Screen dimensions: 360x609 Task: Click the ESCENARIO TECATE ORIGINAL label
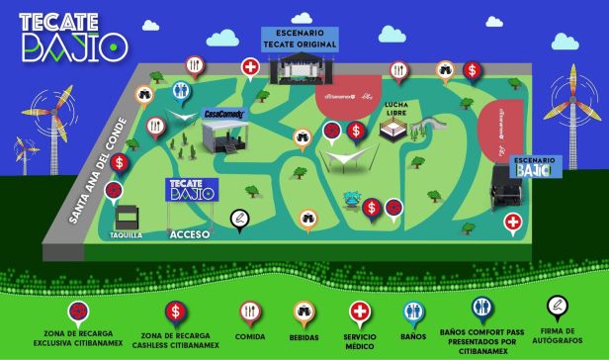tap(300, 40)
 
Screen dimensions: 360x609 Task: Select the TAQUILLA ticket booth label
tap(127, 235)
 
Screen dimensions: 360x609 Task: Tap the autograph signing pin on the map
tap(237, 217)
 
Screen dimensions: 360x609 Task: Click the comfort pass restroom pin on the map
tap(180, 90)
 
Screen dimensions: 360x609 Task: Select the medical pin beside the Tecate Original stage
tap(252, 67)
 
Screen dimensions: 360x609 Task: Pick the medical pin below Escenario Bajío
tap(512, 222)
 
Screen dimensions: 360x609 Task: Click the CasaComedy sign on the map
tap(224, 115)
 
